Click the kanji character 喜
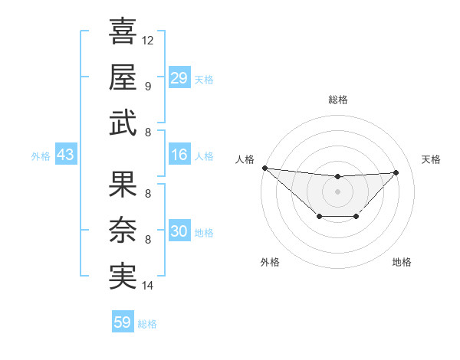tap(123, 32)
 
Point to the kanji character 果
tap(123, 184)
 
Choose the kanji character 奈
tap(123, 230)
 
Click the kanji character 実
tap(123, 276)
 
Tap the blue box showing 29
tap(179, 78)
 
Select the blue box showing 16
tap(179, 155)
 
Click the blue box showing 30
tap(179, 231)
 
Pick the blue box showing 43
tap(65, 155)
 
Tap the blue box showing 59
tap(123, 322)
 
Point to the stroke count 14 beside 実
tap(148, 286)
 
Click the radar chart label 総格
tap(337, 100)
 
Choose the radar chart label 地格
tap(402, 262)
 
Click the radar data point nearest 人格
tap(264, 168)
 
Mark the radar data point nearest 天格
tap(396, 172)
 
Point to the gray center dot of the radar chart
tap(337, 191)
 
